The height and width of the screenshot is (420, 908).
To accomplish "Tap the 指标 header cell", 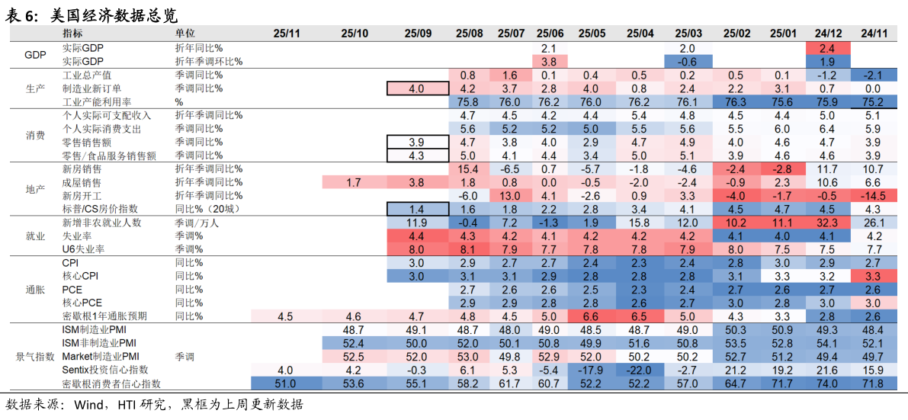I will tap(73, 34).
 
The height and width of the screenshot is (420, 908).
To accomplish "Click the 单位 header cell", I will tap(185, 34).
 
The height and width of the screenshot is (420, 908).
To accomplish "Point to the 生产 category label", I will tap(35, 88).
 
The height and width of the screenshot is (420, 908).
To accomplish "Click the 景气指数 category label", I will tap(35, 356).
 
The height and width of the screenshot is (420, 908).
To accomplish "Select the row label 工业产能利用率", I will tap(97, 102).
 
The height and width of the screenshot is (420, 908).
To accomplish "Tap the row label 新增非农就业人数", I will tap(101, 223).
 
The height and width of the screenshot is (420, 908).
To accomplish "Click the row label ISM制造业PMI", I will tap(94, 330).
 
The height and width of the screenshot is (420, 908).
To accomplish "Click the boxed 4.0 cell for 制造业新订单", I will tap(417, 88).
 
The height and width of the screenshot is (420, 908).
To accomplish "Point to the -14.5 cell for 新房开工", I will tap(871, 196).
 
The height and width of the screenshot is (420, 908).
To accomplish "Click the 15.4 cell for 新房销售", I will tap(469, 168).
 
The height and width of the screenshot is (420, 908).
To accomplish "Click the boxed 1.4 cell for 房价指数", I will tap(417, 210).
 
